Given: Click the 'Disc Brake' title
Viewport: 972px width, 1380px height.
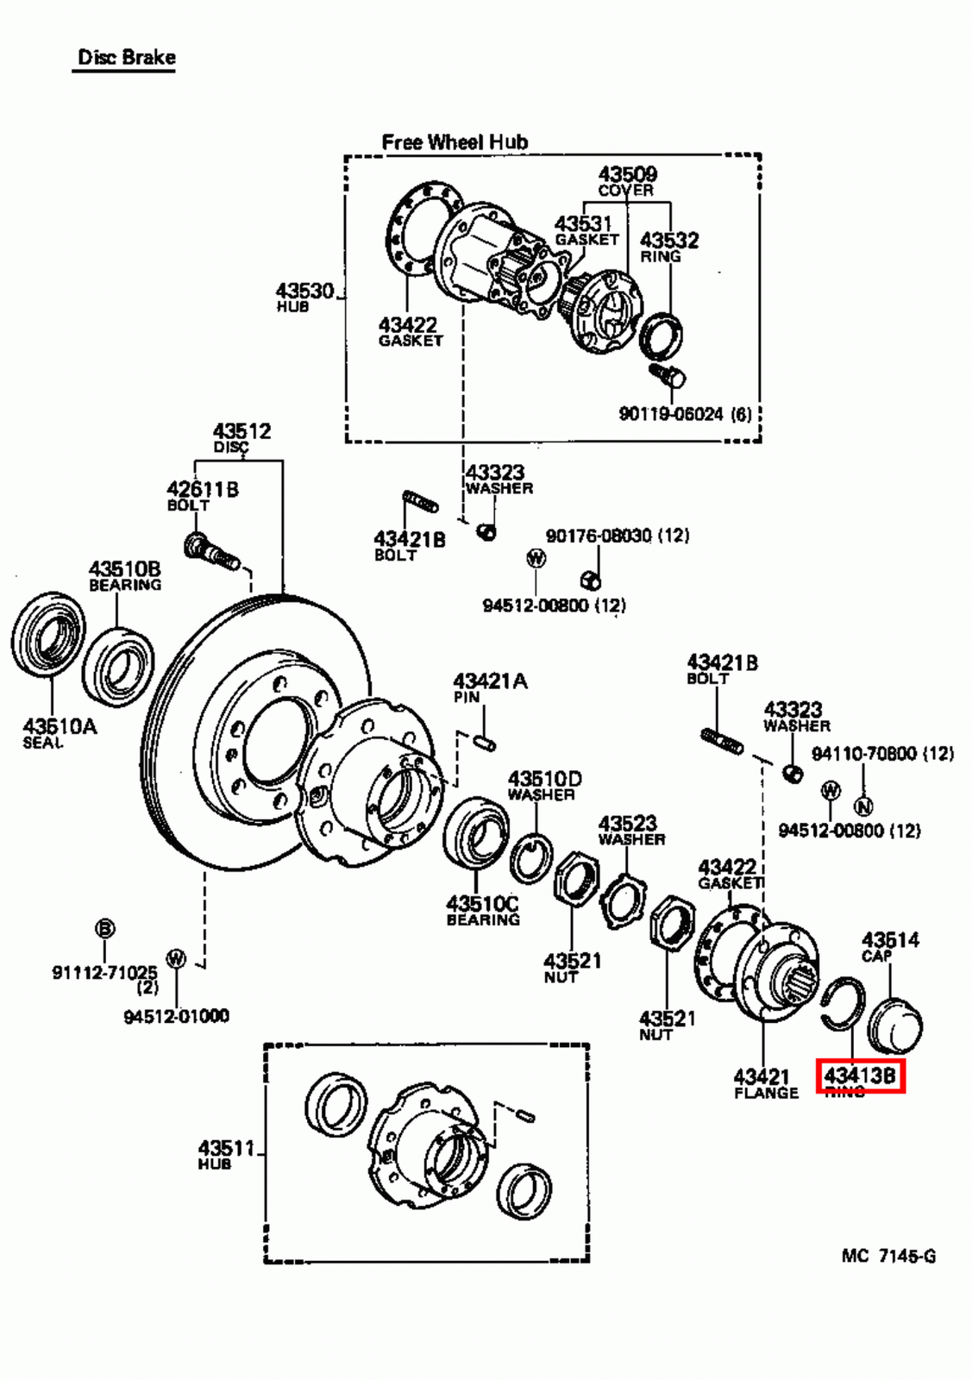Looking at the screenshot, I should pos(126,58).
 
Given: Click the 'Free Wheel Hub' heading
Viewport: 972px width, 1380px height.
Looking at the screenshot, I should pos(455,141).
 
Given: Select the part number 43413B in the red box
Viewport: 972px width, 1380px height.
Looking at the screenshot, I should pos(860,1076).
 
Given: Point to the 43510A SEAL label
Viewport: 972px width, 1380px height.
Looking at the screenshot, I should pos(59,733).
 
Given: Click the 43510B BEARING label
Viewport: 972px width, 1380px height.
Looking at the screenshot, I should pos(125,576).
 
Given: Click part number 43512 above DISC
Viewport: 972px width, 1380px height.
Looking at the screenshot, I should pos(241,430).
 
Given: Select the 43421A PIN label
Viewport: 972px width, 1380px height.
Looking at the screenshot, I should pos(490,687).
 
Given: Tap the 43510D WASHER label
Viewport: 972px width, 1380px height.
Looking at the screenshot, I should pos(543,786).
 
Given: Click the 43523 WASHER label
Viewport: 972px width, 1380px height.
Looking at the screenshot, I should pos(631,830).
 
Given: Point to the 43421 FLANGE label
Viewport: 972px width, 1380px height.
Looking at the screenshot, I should pos(763,1083).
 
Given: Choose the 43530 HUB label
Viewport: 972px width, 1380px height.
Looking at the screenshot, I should pos(304,297).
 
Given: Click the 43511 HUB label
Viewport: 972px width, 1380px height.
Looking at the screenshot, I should pos(225,1154).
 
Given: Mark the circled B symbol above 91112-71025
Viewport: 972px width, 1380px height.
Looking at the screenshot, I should pos(104,929).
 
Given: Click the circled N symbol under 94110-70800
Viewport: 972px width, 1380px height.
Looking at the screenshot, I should pos(863,806).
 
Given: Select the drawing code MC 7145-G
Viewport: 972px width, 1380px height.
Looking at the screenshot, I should pos(888,1256).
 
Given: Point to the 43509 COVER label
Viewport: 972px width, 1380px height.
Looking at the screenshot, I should pos(627,180).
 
